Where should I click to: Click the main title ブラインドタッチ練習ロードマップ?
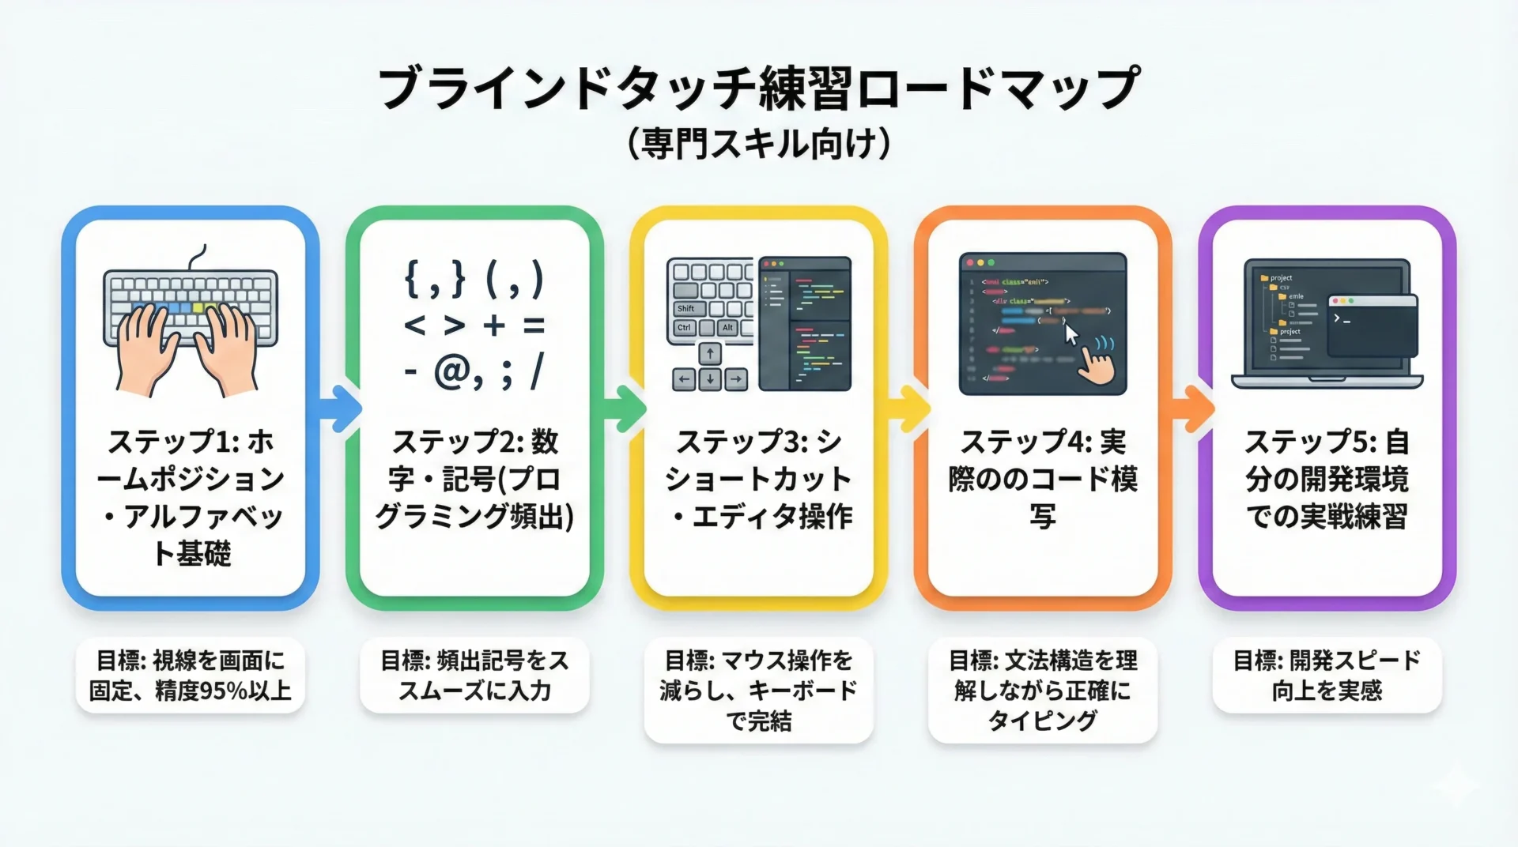(758, 88)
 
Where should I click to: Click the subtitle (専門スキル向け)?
(758, 144)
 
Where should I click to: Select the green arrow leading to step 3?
(625, 408)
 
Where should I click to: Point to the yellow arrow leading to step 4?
(909, 408)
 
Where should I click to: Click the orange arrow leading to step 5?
(1193, 408)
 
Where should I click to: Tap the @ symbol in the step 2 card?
(453, 371)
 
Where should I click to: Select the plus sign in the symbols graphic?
(494, 325)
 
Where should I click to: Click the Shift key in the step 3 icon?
(685, 308)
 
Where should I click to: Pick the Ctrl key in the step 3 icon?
(684, 328)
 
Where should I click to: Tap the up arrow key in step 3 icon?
(710, 354)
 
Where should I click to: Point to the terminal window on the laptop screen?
(1373, 325)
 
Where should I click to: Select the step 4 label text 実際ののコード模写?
(1043, 479)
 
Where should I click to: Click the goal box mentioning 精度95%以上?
(190, 676)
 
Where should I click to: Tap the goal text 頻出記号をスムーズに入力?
(474, 676)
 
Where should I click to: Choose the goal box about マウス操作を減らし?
(758, 691)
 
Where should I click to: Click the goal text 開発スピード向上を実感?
(1327, 676)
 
